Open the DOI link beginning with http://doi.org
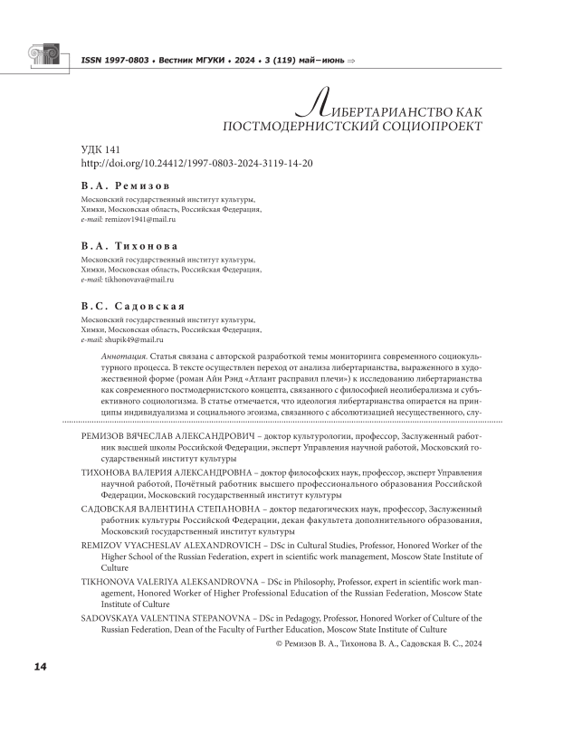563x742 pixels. [x=196, y=163]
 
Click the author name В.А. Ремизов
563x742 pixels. [x=125, y=185]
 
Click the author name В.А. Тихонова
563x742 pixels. [x=129, y=245]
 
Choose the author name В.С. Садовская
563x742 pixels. [x=133, y=307]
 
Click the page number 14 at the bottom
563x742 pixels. [x=40, y=667]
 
